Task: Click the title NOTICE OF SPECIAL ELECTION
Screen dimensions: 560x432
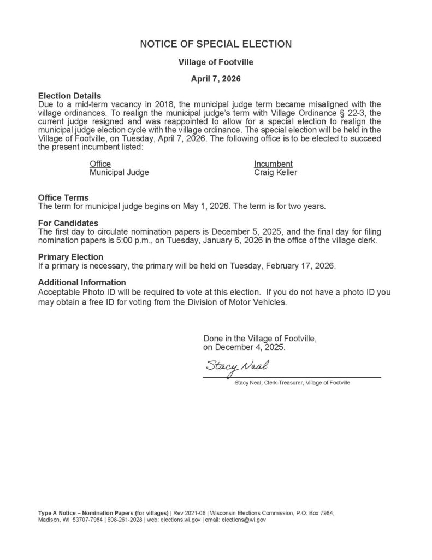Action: pos(216,44)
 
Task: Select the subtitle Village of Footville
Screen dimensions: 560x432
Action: pos(216,62)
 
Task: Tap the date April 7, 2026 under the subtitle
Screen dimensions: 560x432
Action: pos(216,79)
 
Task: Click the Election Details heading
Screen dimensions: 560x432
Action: pos(69,96)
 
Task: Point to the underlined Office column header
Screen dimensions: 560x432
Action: pos(100,164)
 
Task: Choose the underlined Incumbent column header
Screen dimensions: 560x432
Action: pos(273,164)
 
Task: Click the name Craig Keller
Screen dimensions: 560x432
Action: pos(276,172)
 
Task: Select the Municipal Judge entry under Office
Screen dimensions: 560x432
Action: pos(119,172)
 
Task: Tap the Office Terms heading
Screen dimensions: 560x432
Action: pos(63,197)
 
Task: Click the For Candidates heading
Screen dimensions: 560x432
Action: pos(68,223)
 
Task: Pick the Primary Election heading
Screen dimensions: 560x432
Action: pos(70,256)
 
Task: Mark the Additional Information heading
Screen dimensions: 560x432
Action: pos(82,282)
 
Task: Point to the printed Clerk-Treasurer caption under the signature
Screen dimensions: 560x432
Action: pos(292,383)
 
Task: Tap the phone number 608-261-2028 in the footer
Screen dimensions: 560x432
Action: pos(124,520)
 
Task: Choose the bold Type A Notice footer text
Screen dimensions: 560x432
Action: pos(103,512)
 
